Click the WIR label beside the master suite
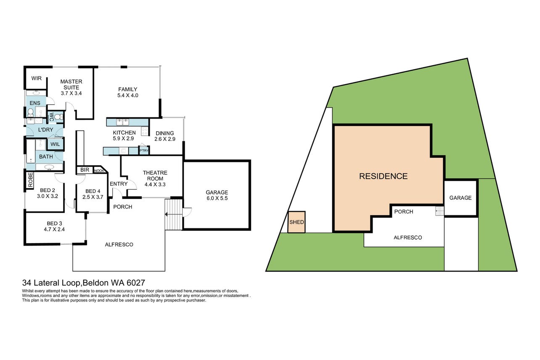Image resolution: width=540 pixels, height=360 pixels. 37,78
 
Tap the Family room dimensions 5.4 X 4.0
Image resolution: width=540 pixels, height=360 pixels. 128,95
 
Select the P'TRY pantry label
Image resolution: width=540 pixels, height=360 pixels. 144,151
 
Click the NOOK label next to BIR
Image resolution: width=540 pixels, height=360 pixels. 99,171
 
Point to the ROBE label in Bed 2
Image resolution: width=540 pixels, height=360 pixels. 30,180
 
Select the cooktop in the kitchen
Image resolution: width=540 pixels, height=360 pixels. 145,131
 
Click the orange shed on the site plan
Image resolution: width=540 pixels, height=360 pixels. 296,222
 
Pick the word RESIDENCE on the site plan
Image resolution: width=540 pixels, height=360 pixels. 383,176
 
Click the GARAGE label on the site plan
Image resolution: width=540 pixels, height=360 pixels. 461,198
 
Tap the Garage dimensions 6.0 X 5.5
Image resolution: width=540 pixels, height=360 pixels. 217,198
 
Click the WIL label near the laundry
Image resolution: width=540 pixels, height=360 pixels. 55,144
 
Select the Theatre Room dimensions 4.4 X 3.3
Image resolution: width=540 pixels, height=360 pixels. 155,185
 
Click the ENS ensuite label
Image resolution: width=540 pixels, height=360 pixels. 35,103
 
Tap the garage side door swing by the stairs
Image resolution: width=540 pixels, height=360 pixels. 188,212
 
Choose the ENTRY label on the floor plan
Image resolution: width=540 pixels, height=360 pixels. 119,184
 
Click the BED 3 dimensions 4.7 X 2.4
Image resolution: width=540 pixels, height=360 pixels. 54,229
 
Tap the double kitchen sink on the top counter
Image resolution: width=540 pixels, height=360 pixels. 123,122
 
